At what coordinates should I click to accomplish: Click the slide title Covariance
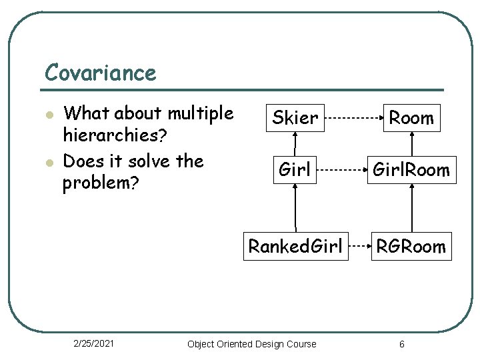[100, 72]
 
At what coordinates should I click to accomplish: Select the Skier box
[295, 118]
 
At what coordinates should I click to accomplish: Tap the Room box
[411, 118]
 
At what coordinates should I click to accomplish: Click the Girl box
[295, 170]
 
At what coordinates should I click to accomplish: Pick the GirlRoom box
[411, 170]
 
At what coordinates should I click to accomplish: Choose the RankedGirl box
[295, 246]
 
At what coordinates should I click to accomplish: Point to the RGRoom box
[411, 246]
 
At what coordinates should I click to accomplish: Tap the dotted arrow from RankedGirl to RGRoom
[360, 246]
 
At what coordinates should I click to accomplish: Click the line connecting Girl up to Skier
[295, 143]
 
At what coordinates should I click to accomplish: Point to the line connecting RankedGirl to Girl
[295, 207]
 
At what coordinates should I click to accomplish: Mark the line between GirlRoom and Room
[412, 143]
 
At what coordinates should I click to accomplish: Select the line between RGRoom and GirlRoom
[412, 207]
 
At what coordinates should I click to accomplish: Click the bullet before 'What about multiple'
[49, 115]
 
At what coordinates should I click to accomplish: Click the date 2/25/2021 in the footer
[93, 343]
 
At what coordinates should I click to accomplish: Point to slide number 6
[401, 344]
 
